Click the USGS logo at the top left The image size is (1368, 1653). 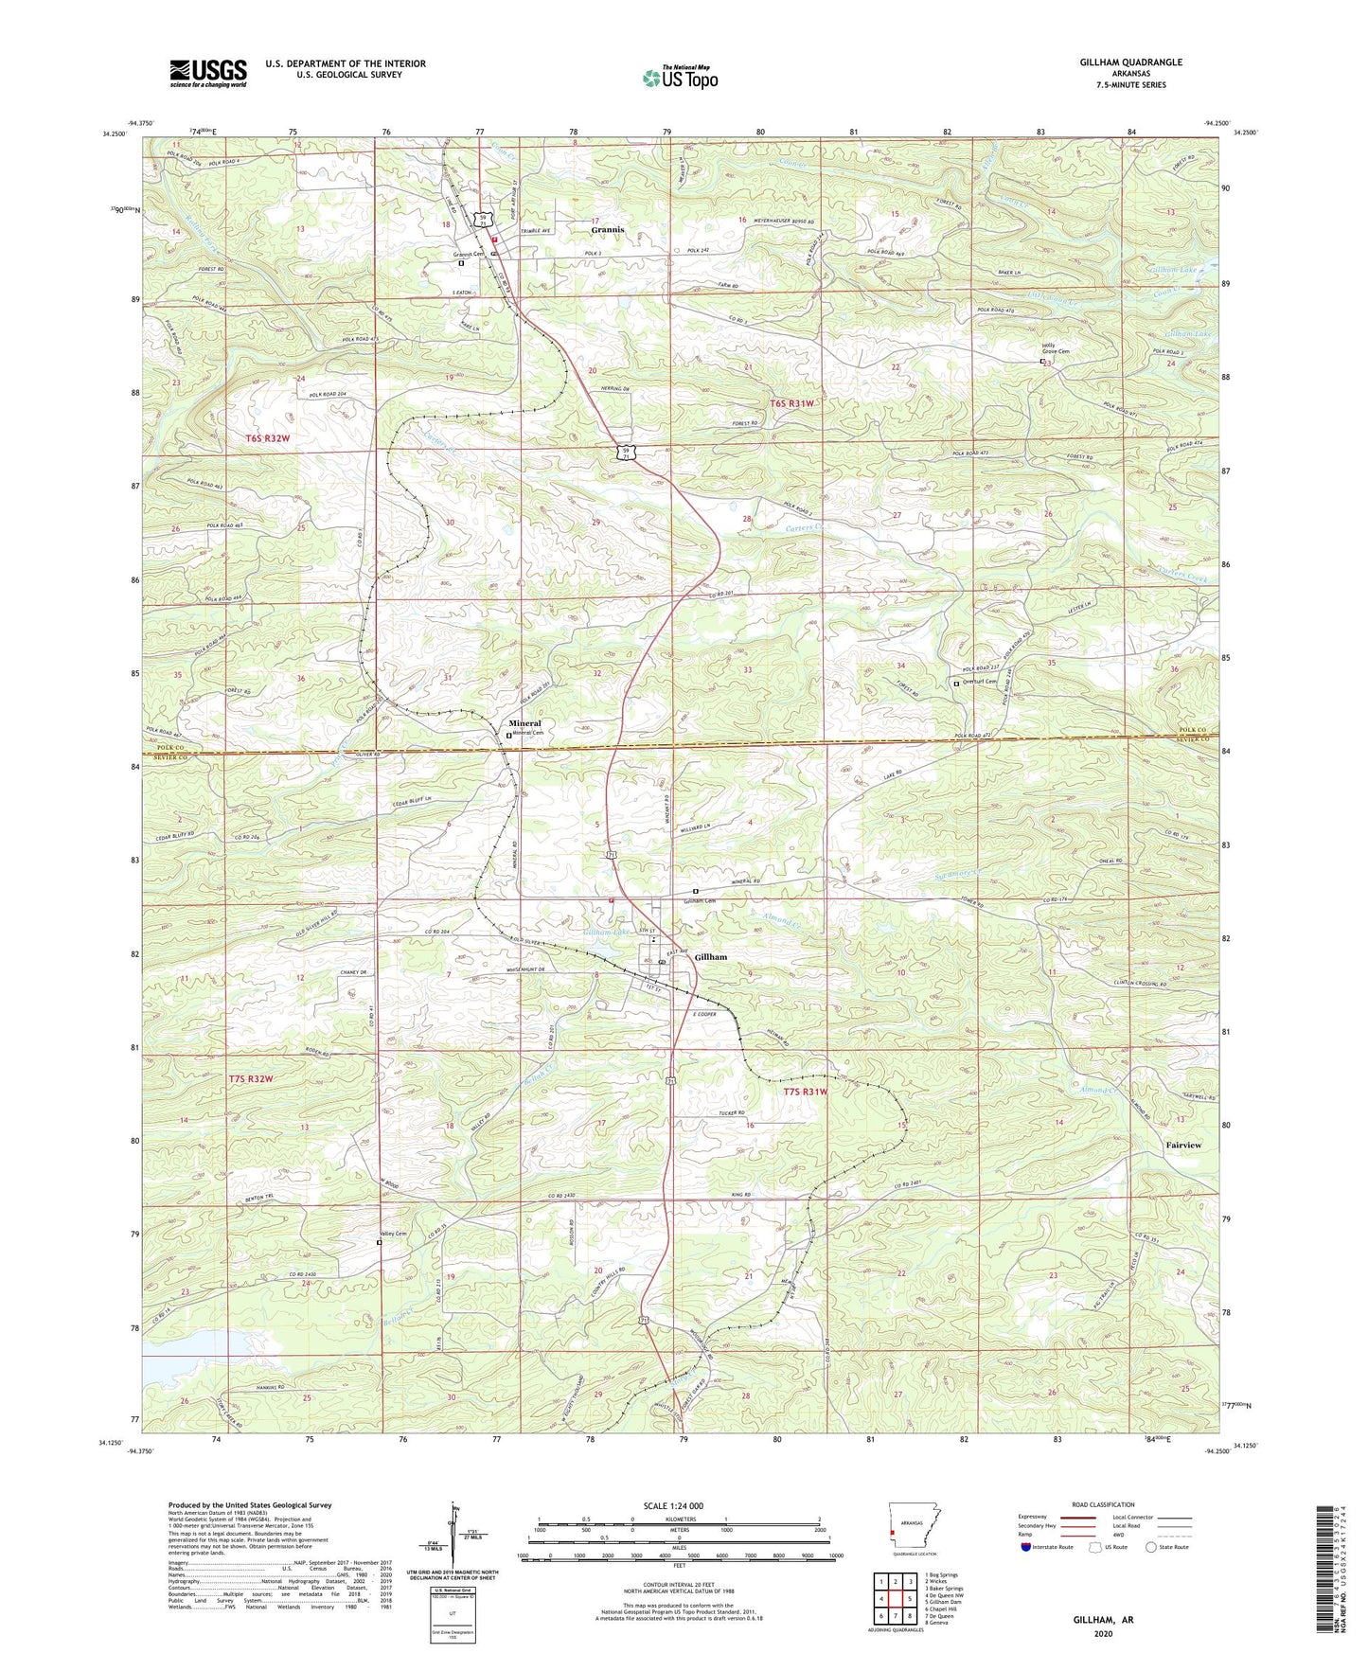click(x=207, y=73)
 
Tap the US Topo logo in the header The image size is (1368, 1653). click(x=679, y=78)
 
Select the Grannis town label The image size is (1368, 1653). click(x=608, y=230)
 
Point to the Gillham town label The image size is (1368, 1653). click(x=711, y=957)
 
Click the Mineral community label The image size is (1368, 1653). click(x=525, y=723)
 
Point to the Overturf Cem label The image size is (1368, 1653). click(x=979, y=682)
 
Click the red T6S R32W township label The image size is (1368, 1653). click(x=267, y=438)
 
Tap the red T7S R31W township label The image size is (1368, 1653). click(x=806, y=1092)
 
